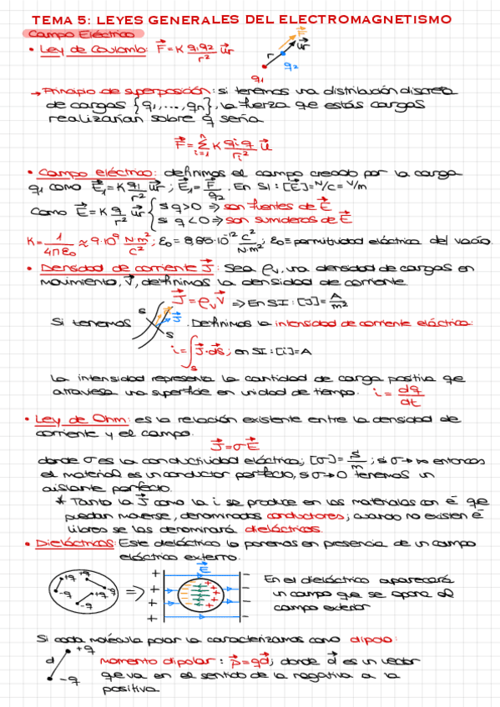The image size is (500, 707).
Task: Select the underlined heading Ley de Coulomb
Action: [x=93, y=50]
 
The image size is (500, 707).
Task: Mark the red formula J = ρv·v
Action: [x=197, y=300]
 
